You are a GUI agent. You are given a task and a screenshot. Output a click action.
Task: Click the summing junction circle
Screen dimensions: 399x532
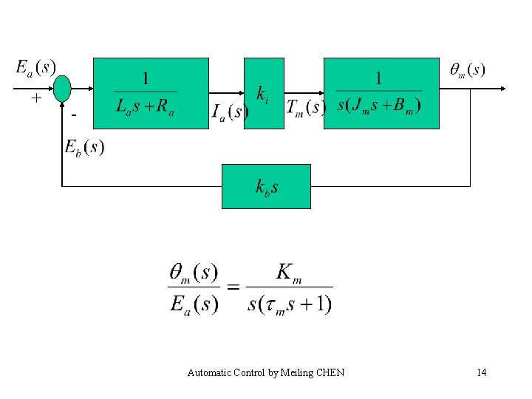tap(62, 88)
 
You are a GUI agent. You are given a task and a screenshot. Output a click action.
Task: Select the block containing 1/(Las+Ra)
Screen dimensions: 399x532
tap(151, 93)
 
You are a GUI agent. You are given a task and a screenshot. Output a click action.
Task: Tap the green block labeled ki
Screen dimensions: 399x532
tap(264, 93)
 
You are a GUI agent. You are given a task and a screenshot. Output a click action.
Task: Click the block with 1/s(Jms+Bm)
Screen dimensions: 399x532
tap(381, 93)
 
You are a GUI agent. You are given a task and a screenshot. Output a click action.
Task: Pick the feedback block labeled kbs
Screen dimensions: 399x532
tap(266, 186)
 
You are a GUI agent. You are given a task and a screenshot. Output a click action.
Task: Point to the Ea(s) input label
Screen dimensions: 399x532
tap(35, 67)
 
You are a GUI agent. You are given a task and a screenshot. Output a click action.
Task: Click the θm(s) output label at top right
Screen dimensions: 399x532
tap(468, 70)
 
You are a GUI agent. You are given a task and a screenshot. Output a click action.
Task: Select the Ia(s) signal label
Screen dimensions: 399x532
tap(230, 112)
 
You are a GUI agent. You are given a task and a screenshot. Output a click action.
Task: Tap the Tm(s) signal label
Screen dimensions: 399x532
tap(305, 108)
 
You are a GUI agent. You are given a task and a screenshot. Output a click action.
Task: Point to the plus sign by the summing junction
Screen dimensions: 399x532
tap(35, 98)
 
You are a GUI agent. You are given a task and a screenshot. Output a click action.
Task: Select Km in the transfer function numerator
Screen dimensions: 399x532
tap(288, 272)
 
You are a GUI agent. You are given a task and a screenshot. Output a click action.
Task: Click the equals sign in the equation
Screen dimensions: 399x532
tap(232, 287)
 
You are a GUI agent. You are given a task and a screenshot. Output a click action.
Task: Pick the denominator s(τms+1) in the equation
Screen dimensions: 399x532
tap(290, 303)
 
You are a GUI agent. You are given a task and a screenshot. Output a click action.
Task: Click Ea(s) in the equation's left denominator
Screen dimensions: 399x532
tap(194, 304)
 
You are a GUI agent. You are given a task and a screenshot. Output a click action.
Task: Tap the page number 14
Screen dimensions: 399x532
tap(482, 372)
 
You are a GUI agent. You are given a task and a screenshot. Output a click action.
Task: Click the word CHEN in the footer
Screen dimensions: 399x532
tap(330, 372)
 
